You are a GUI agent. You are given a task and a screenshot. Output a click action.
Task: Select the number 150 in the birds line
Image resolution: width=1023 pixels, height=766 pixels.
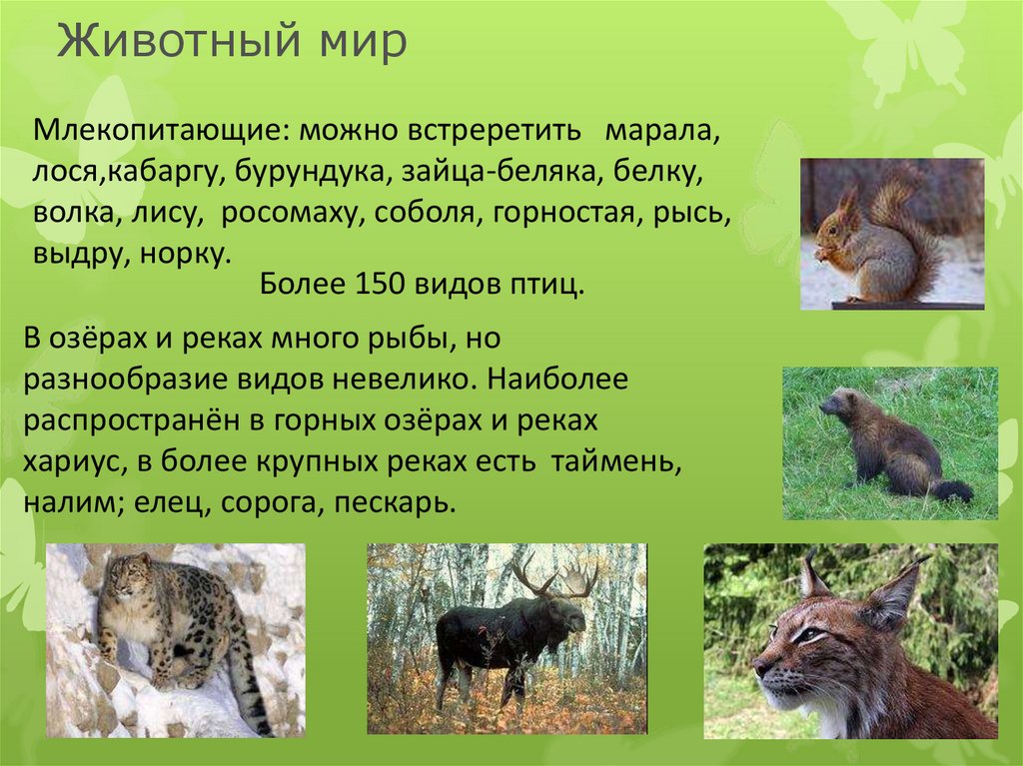[377, 286]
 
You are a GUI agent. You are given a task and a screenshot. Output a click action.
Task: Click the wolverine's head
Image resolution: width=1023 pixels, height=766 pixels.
[837, 403]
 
